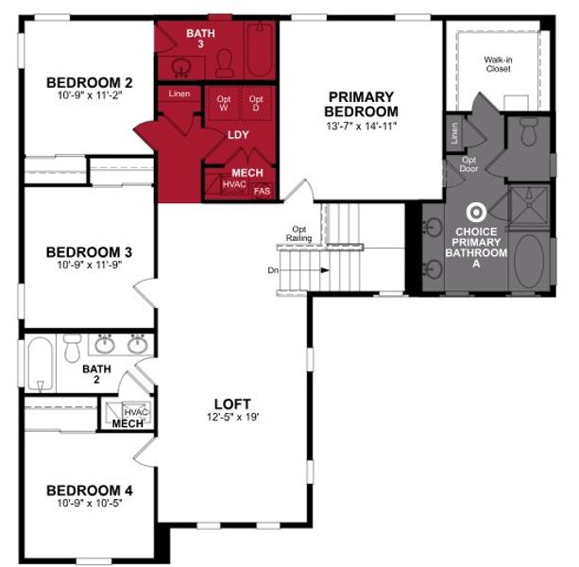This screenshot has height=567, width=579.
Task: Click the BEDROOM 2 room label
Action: point(83,83)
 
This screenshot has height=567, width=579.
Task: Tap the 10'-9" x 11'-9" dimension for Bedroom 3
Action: point(84,266)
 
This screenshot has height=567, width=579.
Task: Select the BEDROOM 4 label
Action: point(89,490)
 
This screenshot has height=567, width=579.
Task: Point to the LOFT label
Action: point(232,404)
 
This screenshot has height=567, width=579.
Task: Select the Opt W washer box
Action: point(225,102)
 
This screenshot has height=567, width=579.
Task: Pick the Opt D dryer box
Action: point(256,102)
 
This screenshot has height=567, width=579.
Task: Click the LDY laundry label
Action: point(239,134)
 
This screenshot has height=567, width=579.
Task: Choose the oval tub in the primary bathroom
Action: point(529,261)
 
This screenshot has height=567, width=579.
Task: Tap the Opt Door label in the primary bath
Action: point(469,164)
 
